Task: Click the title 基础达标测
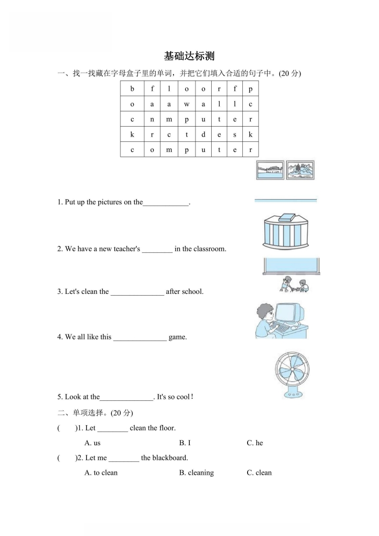click(x=189, y=56)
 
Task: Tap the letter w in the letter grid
click(x=186, y=104)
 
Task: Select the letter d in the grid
click(x=203, y=134)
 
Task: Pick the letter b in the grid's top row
click(x=132, y=89)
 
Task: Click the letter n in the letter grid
click(x=152, y=119)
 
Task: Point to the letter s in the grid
click(x=235, y=134)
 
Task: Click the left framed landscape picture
click(x=270, y=170)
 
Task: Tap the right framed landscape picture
click(x=300, y=170)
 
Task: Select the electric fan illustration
click(x=292, y=375)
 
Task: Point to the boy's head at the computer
click(x=265, y=313)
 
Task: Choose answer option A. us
click(x=92, y=443)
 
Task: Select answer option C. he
click(x=255, y=443)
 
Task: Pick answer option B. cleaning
click(x=196, y=472)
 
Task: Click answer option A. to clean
click(x=101, y=472)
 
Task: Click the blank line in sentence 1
click(x=166, y=203)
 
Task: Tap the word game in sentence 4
click(x=178, y=337)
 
